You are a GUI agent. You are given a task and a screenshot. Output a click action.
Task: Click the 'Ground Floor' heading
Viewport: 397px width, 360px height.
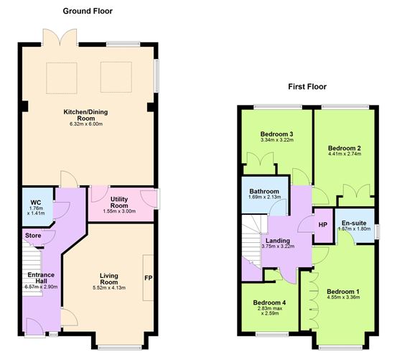tap(88, 11)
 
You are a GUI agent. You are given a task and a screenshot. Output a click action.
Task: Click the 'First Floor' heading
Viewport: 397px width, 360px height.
tap(307, 87)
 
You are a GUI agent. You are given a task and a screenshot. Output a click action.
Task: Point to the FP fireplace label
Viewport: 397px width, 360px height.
tap(148, 278)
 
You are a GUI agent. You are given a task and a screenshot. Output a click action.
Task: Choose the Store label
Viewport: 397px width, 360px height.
tap(33, 234)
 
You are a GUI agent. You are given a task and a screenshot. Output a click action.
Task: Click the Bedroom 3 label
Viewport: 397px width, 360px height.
tap(274, 134)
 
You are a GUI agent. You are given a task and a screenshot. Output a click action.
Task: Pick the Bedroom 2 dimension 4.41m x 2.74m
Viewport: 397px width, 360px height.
tap(344, 154)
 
